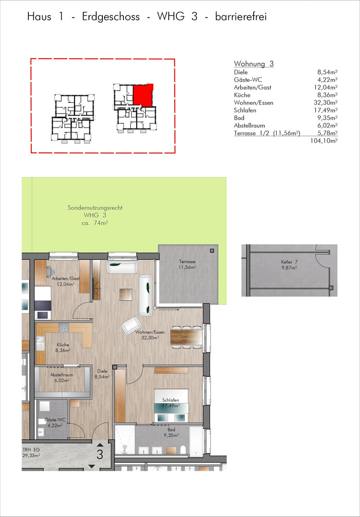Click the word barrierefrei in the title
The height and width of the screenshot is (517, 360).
(x=241, y=17)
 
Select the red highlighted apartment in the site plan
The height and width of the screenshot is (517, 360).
(x=143, y=95)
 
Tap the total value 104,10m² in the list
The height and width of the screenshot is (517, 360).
(x=325, y=141)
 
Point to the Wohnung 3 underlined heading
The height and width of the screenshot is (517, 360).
(x=254, y=64)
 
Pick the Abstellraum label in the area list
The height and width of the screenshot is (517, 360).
(x=249, y=126)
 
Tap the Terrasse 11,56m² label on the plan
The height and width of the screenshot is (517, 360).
(x=187, y=264)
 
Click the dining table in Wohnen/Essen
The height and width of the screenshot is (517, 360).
(x=186, y=336)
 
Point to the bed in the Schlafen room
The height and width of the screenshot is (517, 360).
(x=171, y=406)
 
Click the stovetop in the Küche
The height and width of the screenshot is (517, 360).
(x=64, y=327)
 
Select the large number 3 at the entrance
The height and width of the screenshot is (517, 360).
(x=100, y=454)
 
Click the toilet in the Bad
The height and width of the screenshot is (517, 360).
(x=183, y=449)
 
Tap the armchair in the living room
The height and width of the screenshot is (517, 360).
(x=131, y=326)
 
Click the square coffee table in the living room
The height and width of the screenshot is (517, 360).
(x=126, y=294)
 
